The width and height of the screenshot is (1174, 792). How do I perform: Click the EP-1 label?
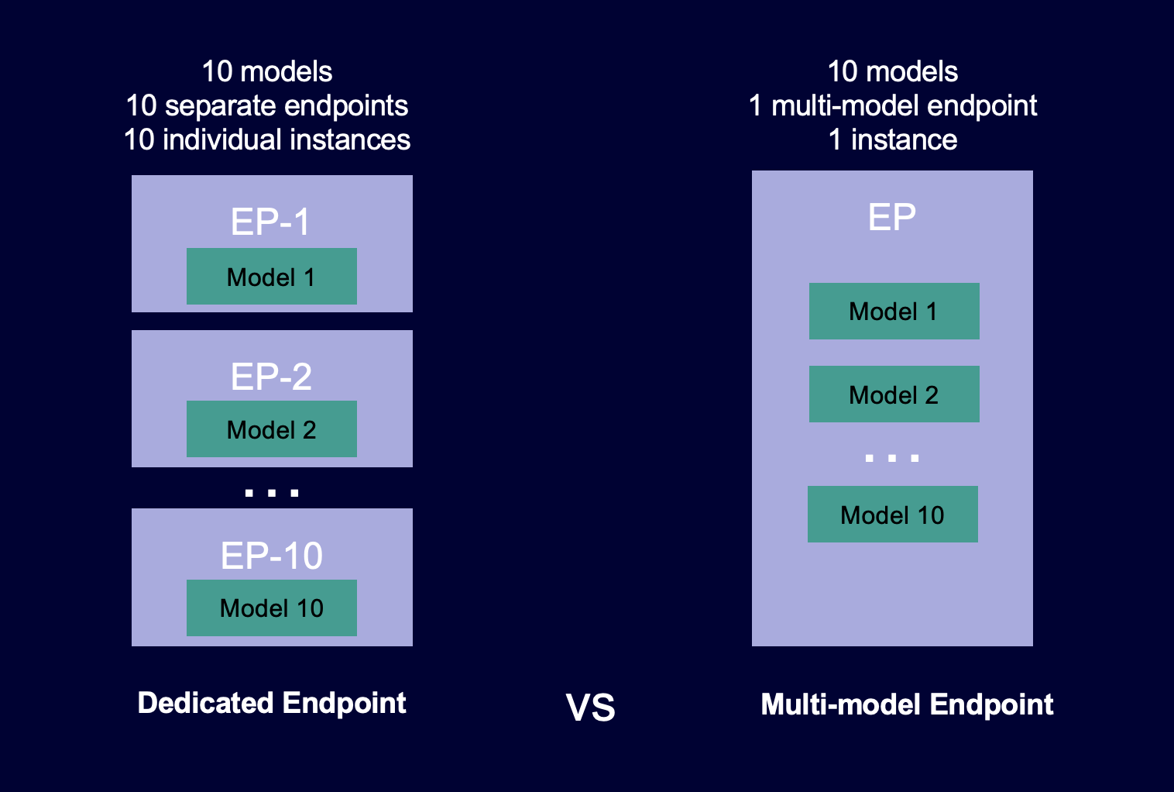coord(271,222)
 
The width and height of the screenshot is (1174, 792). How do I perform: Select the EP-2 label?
coord(271,377)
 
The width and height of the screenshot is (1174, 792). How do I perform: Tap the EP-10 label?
coord(271,556)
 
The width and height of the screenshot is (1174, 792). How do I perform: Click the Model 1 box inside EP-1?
coord(271,277)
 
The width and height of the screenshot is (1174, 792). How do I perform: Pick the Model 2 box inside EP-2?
coord(271,429)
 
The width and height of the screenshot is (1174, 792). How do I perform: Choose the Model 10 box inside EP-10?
coord(271,608)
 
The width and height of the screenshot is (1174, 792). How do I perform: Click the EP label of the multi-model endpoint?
coord(892,217)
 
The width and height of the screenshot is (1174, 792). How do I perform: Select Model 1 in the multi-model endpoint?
coord(894,312)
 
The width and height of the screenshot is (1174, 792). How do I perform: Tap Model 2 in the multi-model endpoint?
coord(894,394)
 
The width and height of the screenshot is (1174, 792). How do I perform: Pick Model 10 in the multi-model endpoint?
coord(892,515)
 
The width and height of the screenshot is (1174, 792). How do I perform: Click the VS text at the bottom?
coord(590,708)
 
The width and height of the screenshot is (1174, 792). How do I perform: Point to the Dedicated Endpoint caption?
coord(271,703)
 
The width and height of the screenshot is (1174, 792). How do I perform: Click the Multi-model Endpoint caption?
coord(907,704)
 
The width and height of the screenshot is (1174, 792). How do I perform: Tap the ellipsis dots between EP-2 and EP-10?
coord(271,493)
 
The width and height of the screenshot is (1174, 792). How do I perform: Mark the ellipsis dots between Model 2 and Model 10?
coord(892,458)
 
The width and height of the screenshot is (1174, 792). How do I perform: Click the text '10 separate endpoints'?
coord(267,105)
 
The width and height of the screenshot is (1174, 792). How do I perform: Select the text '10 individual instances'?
coord(267,139)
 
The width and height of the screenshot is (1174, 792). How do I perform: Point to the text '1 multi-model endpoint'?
coord(893,105)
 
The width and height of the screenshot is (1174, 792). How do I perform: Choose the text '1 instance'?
coord(893,139)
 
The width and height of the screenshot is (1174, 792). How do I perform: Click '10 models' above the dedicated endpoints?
coord(267,71)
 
